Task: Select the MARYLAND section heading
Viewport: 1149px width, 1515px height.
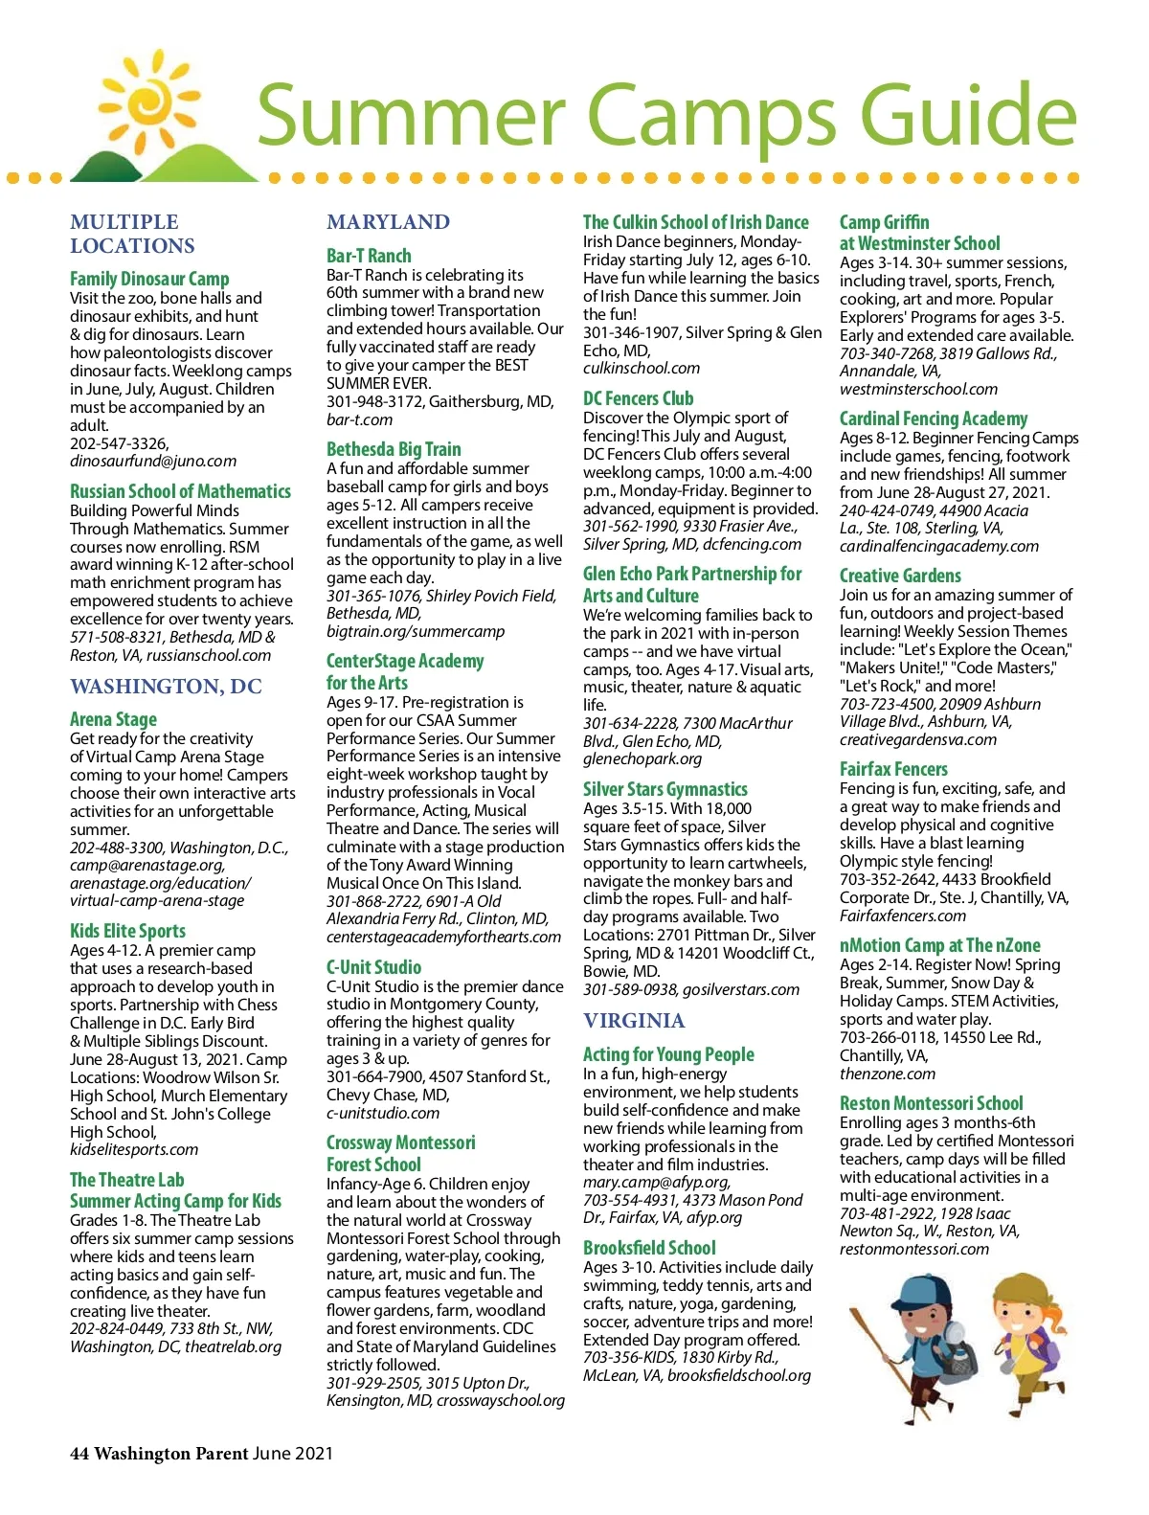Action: coord(388,222)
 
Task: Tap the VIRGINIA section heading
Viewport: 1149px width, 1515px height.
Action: coord(634,1021)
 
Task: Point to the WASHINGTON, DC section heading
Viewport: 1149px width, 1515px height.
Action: coord(166,687)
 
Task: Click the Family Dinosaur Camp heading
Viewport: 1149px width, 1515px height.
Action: coord(149,279)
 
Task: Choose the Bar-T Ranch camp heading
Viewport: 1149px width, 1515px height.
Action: coord(369,256)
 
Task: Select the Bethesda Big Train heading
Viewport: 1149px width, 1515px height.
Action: coord(394,449)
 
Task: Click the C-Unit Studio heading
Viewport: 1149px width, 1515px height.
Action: coord(373,967)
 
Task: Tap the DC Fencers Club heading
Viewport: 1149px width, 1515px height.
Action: coord(638,398)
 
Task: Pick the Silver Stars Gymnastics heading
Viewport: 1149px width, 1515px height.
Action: coord(665,789)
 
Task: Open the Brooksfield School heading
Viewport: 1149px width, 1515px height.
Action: coord(649,1248)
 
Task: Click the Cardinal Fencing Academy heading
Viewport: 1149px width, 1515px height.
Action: coord(933,418)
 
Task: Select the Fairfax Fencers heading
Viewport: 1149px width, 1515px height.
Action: coord(893,769)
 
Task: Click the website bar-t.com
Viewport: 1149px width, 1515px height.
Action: coord(359,419)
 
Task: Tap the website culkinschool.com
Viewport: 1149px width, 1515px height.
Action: coord(641,368)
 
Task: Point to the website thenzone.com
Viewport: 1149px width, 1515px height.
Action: coord(887,1074)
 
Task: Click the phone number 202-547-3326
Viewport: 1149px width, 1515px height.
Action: coord(119,443)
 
